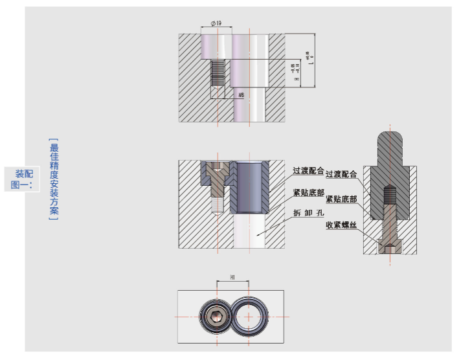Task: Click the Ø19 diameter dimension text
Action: [216, 23]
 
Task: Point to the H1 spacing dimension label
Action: [232, 277]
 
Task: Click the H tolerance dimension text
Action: [295, 71]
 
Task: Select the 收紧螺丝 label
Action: [341, 225]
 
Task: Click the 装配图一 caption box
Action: [22, 179]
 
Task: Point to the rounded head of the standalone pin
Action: [390, 141]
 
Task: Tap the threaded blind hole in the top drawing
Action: [218, 72]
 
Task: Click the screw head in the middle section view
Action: [216, 171]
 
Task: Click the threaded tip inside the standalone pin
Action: [389, 194]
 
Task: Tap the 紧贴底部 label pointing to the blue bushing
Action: [309, 193]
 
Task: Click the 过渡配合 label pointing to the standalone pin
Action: [343, 174]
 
